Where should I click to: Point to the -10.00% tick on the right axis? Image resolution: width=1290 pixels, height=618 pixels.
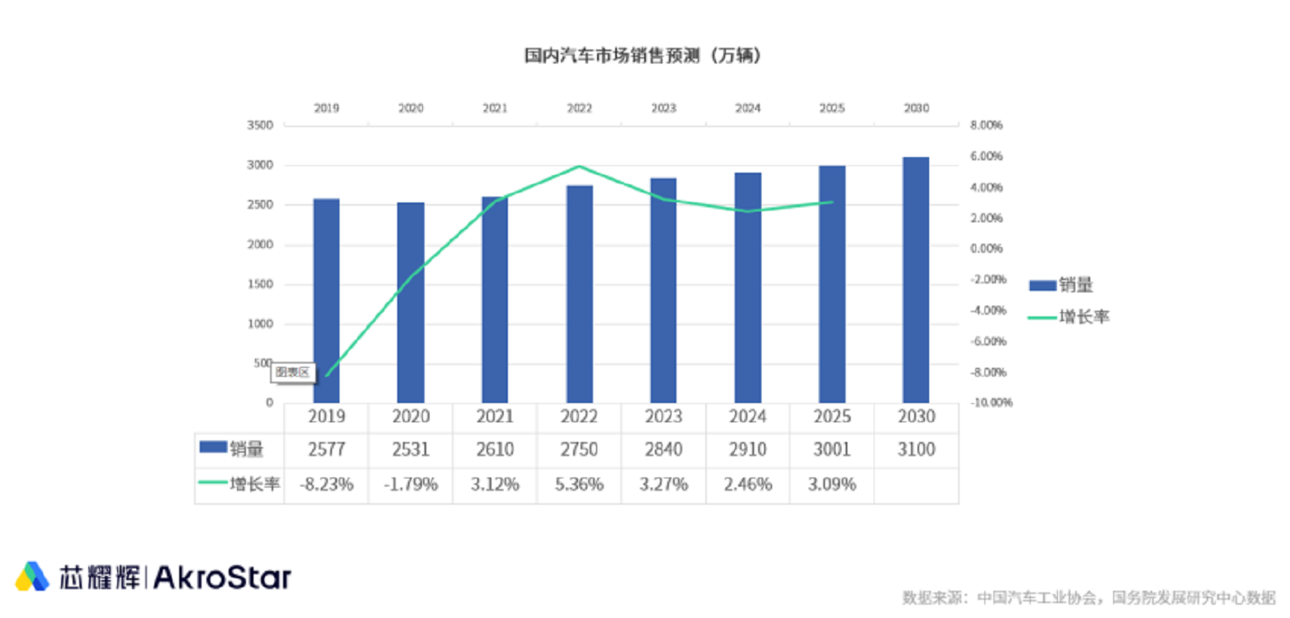[x=984, y=403]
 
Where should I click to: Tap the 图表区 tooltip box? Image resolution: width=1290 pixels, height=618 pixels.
[x=292, y=373]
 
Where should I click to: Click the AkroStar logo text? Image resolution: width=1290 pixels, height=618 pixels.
[x=223, y=577]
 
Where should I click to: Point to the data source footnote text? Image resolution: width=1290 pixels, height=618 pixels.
[x=1088, y=597]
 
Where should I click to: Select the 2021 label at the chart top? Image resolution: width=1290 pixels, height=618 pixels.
[x=495, y=108]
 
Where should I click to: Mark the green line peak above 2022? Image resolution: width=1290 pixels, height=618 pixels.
[x=580, y=166]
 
